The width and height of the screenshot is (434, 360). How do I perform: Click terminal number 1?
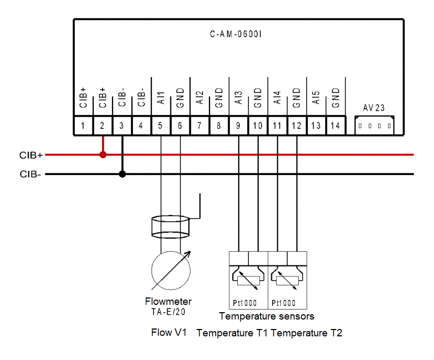coord(83,126)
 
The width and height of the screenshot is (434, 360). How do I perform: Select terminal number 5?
coord(160,126)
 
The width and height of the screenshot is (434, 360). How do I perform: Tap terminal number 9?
coord(238,126)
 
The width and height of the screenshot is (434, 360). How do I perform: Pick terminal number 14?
coord(335,126)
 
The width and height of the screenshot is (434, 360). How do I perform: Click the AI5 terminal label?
coord(316,97)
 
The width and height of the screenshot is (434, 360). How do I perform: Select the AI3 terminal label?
coord(238,97)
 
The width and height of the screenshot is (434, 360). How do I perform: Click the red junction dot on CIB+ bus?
coord(103,155)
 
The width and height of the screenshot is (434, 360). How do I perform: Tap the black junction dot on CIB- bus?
coord(122,174)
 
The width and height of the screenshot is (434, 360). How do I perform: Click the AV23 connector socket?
coord(374,126)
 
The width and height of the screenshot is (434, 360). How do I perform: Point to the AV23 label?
coord(374,108)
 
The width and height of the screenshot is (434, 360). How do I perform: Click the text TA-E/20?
coord(168,312)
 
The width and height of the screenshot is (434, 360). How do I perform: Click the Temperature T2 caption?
coord(307,333)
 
